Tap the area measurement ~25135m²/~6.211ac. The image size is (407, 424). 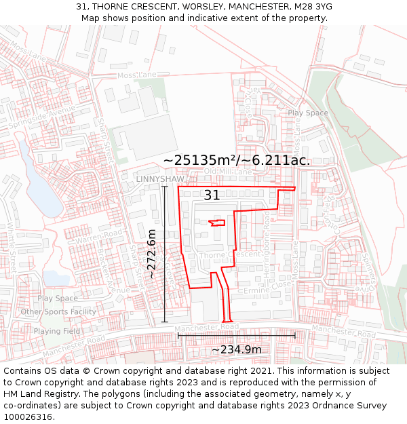[x=237, y=161]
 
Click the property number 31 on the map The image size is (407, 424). [x=212, y=195]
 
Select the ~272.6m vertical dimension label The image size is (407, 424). [x=152, y=254]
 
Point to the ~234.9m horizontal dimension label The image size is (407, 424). [x=236, y=349]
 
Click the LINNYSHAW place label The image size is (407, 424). [x=160, y=178]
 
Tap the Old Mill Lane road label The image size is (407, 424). [x=228, y=172]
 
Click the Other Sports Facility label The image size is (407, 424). [x=58, y=312]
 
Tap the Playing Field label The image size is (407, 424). [x=57, y=331]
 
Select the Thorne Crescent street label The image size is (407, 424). [x=231, y=255]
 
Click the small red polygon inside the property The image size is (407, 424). [x=217, y=223]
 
